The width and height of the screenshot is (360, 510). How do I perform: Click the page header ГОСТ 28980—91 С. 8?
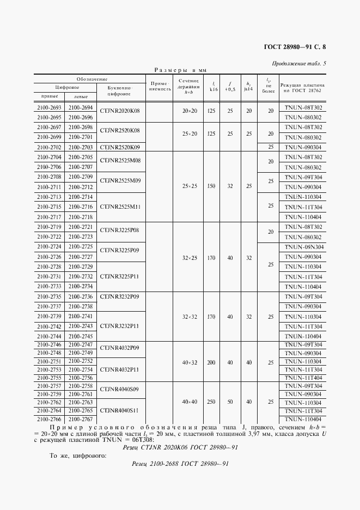[295, 47]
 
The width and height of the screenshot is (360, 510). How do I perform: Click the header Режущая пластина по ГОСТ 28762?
[303, 88]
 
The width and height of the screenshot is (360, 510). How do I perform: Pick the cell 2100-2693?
[50, 108]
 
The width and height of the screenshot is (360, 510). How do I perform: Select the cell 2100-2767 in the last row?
[81, 420]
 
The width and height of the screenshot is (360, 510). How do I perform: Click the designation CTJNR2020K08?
[120, 111]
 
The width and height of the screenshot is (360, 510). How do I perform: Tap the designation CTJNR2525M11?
[120, 207]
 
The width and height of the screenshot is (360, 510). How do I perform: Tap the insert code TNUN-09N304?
[303, 247]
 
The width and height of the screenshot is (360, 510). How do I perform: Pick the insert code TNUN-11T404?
[303, 378]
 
